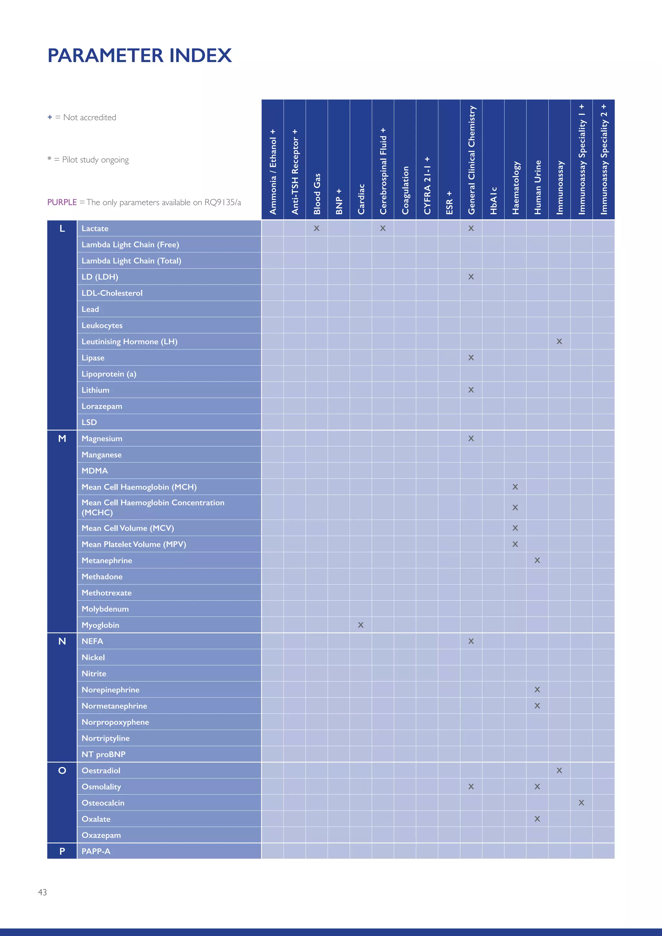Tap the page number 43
pyautogui.click(x=42, y=892)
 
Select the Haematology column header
pyautogui.click(x=516, y=187)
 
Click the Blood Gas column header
pyautogui.click(x=317, y=194)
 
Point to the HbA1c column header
pyautogui.click(x=494, y=201)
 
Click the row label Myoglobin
pyautogui.click(x=100, y=625)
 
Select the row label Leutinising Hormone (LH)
pyautogui.click(x=129, y=342)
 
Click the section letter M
pyautogui.click(x=62, y=439)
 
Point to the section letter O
pyautogui.click(x=62, y=771)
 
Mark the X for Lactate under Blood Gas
pyautogui.click(x=317, y=228)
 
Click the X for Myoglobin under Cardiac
pyautogui.click(x=361, y=625)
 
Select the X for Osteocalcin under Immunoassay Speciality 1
pyautogui.click(x=581, y=803)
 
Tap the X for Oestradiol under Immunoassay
pyautogui.click(x=559, y=771)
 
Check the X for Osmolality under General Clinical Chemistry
pyautogui.click(x=471, y=786)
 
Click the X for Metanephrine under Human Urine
pyautogui.click(x=537, y=560)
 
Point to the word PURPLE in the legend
pyautogui.click(x=62, y=202)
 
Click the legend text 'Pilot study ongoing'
pyautogui.click(x=95, y=160)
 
